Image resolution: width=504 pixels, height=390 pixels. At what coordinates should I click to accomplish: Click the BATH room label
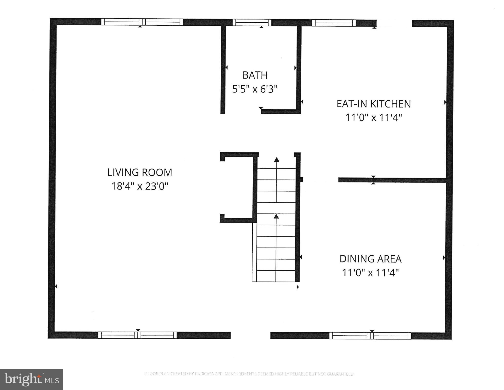tap(255, 75)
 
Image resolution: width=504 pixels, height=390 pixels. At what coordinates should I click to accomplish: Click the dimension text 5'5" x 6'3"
tap(255, 89)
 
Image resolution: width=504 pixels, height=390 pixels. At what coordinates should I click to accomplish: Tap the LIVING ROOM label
tap(140, 173)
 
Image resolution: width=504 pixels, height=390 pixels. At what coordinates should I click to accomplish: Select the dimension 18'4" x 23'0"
tap(140, 186)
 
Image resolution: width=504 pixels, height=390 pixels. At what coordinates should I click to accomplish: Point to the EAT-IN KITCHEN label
tap(374, 104)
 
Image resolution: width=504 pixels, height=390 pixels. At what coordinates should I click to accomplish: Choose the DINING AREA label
tap(370, 259)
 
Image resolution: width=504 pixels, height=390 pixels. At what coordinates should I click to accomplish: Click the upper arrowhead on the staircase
tap(276, 160)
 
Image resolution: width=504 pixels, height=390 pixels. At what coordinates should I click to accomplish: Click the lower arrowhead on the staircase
tap(276, 216)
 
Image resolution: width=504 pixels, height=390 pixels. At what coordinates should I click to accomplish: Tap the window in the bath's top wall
tap(252, 23)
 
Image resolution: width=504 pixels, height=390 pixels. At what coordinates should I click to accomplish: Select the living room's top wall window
tap(142, 22)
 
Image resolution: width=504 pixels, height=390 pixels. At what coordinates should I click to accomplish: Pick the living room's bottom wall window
tap(137, 335)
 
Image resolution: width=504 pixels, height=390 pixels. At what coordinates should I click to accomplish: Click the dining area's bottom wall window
tap(370, 336)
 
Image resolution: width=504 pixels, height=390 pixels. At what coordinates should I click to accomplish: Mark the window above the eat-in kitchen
tap(334, 23)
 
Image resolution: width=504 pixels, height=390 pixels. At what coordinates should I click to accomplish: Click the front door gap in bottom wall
tap(250, 335)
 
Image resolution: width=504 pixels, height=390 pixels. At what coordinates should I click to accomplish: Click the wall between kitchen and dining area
tap(392, 180)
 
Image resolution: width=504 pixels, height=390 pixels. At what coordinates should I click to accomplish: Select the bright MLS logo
tap(31, 379)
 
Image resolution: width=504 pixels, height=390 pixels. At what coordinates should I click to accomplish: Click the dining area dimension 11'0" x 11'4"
tap(370, 273)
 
